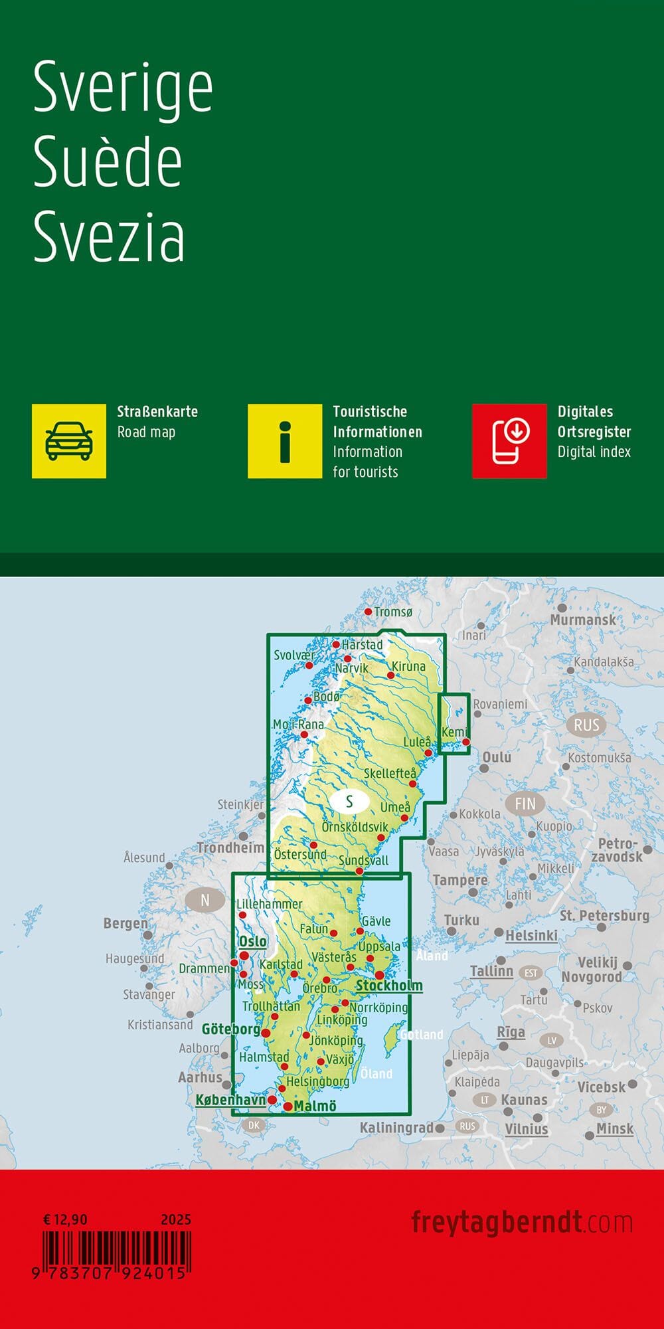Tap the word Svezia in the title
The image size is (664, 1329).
tap(109, 237)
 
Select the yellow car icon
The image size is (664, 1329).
tap(69, 441)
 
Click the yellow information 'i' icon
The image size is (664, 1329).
tap(285, 441)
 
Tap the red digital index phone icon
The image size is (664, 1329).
tap(509, 441)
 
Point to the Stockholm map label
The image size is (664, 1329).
tap(389, 985)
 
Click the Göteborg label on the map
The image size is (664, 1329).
tap(231, 1029)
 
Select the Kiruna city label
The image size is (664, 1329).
tap(408, 666)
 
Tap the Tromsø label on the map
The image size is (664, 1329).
tap(393, 612)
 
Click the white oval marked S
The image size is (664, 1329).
tap(349, 802)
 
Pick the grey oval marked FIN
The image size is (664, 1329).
tap(525, 804)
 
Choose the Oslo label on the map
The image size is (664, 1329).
tap(253, 941)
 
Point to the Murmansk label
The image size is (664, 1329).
tap(583, 620)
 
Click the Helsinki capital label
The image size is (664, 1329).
tap(531, 935)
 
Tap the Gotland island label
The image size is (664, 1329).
tap(422, 1035)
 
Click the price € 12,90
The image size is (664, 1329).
tap(65, 1219)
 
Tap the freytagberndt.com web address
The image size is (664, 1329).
tap(522, 1222)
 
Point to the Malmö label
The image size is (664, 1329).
tap(315, 1106)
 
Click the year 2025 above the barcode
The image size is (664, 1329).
tap(176, 1219)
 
